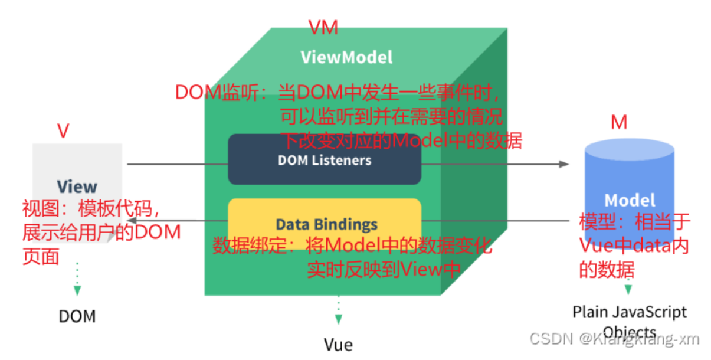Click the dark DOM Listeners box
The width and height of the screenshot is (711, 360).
325,160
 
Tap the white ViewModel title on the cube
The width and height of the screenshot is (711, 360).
346,57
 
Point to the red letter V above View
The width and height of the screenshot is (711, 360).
63,131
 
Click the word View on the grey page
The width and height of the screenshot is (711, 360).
77,186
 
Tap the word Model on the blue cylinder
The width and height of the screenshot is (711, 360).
630,199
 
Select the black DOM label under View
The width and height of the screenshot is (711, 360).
77,316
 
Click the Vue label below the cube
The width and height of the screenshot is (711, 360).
338,344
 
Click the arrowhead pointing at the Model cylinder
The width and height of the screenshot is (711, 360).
564,163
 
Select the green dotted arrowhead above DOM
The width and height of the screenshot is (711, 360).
77,290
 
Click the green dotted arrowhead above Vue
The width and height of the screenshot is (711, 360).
338,319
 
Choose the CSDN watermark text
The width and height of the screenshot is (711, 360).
614,339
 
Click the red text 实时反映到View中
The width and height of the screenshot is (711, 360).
383,270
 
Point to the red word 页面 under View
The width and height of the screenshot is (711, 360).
41,257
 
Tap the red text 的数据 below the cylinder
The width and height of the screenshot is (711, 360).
606,270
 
